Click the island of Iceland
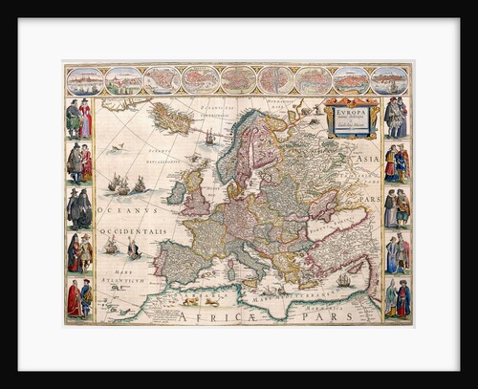pyautogui.click(x=177, y=121)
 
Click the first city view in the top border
pyautogui.click(x=83, y=80)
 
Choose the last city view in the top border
pyautogui.click(x=390, y=80)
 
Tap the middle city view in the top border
pyautogui.click(x=237, y=80)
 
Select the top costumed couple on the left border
pyautogui.click(x=78, y=119)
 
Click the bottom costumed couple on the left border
pyautogui.click(x=78, y=298)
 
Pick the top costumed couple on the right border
pyautogui.click(x=396, y=119)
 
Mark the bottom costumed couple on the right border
pyautogui.click(x=396, y=298)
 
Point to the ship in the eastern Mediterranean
pyautogui.click(x=343, y=280)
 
